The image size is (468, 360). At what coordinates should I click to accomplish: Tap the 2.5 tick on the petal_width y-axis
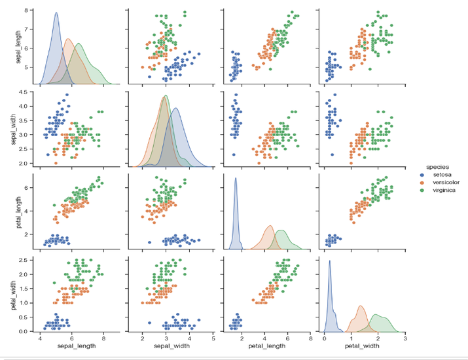25,260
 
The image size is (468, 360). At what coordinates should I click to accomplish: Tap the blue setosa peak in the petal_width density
329,262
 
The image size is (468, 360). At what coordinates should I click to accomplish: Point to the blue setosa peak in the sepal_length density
56,13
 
